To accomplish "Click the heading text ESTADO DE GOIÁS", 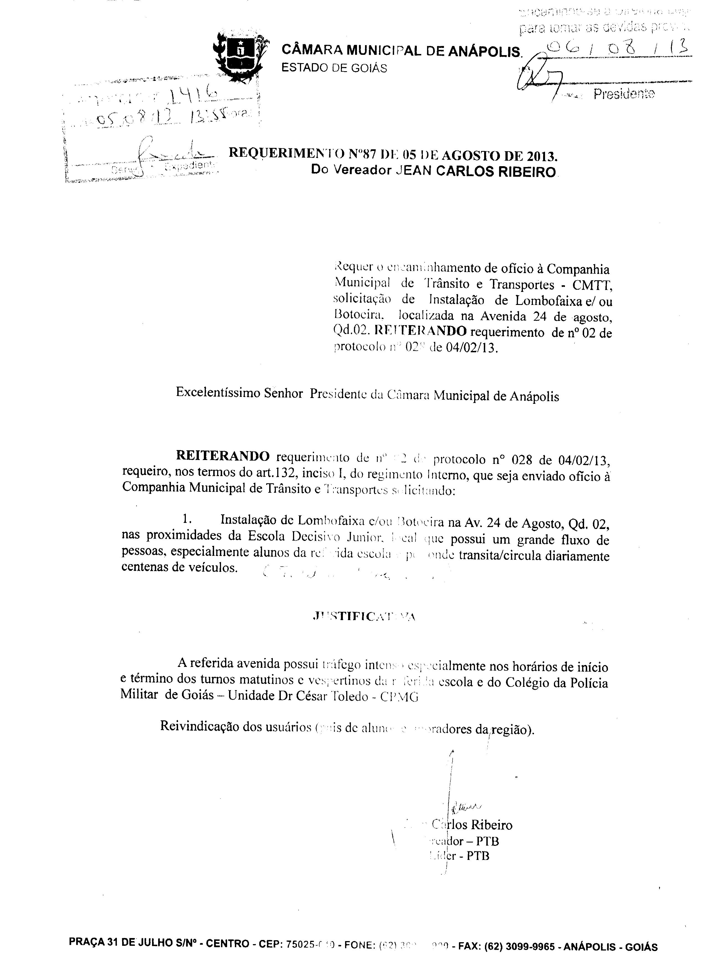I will click(x=334, y=68).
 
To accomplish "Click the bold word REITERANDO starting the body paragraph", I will click(x=223, y=456).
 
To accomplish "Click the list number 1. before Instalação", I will click(x=186, y=519).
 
